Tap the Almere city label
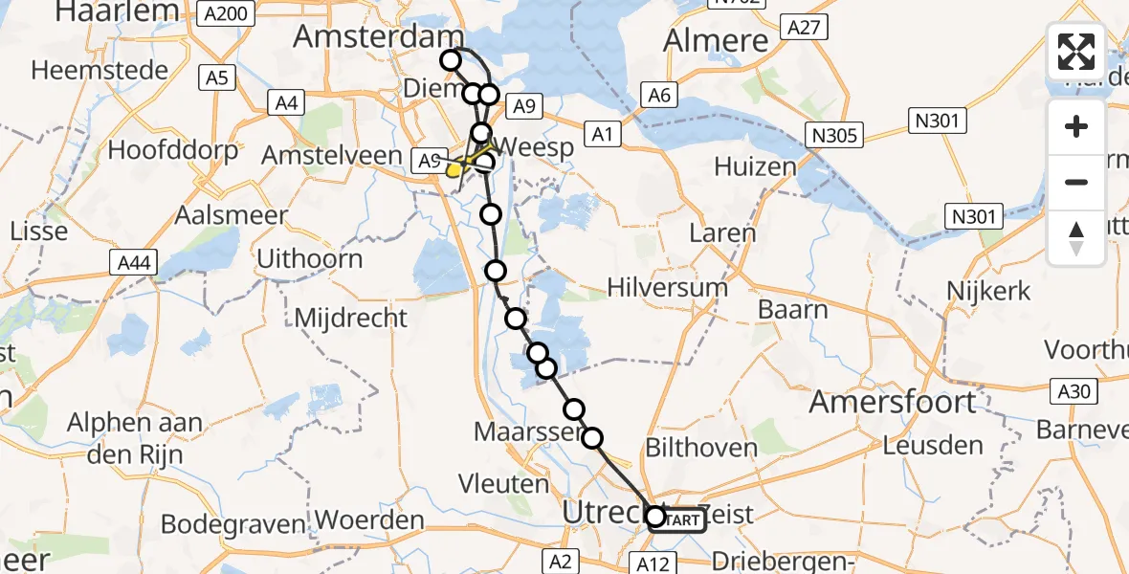click(x=717, y=40)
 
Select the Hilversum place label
click(x=669, y=286)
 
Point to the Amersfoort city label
click(x=894, y=402)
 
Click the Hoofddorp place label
click(x=166, y=150)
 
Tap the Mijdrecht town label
click(x=351, y=318)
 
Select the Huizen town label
click(x=755, y=166)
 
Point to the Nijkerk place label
click(x=988, y=291)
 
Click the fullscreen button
click(x=1076, y=52)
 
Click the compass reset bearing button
click(x=1076, y=238)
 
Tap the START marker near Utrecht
click(x=679, y=519)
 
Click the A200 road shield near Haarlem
click(x=228, y=12)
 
